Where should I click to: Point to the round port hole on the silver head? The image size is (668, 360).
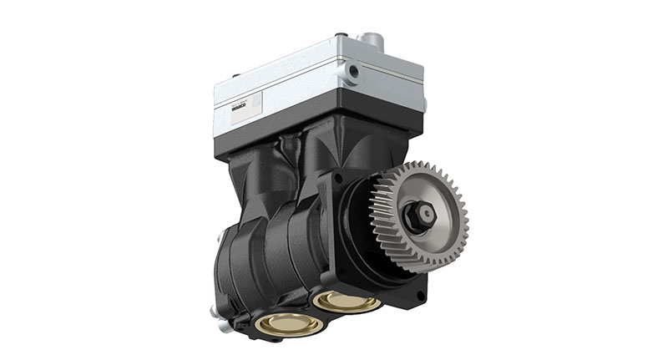tap(354, 72)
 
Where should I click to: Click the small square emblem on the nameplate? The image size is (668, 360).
tap(256, 104)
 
